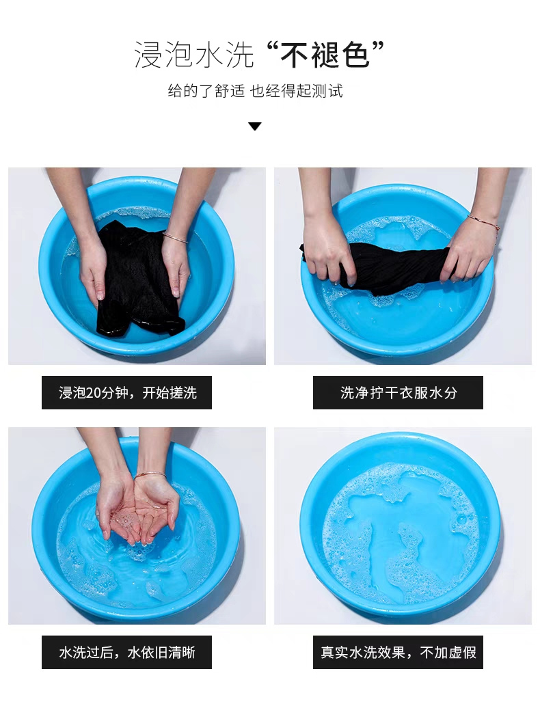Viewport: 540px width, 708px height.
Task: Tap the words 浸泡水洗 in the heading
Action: coord(194,55)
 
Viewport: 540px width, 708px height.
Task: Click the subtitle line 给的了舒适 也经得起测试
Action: coord(255,91)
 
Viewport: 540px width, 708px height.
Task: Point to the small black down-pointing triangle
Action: coord(255,126)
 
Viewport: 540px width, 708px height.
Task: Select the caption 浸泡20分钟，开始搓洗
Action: coord(127,393)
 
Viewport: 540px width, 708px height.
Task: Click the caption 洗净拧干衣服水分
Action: coord(399,393)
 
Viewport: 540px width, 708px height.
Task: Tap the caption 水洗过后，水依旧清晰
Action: coord(127,653)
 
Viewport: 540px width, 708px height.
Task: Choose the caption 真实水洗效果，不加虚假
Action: coord(399,653)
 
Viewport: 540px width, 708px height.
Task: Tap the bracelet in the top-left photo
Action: coord(175,238)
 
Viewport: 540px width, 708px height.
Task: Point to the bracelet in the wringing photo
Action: coord(484,222)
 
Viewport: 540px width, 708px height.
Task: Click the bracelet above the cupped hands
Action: coord(150,474)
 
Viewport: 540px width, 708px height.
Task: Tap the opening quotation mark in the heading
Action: coord(272,46)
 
